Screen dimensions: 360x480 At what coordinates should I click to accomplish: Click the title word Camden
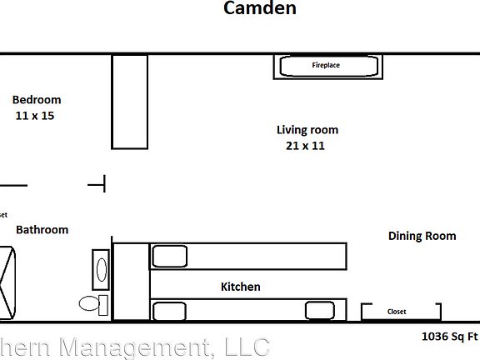point(259,9)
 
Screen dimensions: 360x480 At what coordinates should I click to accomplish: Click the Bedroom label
point(37,99)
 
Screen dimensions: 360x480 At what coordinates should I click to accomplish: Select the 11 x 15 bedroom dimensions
point(35,116)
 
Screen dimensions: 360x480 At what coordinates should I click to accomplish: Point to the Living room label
point(307,130)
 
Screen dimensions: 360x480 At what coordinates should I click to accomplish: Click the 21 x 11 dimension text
point(305,146)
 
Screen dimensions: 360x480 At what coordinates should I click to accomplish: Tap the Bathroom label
point(42,230)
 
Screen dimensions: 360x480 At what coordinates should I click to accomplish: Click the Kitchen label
point(240,287)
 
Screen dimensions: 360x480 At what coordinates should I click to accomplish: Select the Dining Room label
point(422,236)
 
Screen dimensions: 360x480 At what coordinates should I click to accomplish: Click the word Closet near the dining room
point(397,312)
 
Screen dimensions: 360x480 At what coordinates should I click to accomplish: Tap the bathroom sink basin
point(102,269)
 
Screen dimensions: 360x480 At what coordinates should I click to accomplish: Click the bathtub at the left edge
point(7,282)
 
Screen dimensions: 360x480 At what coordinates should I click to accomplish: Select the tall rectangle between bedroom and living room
point(129,102)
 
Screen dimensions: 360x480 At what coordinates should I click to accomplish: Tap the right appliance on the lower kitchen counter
point(319,311)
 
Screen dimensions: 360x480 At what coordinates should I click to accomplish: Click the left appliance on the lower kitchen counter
point(169,311)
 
